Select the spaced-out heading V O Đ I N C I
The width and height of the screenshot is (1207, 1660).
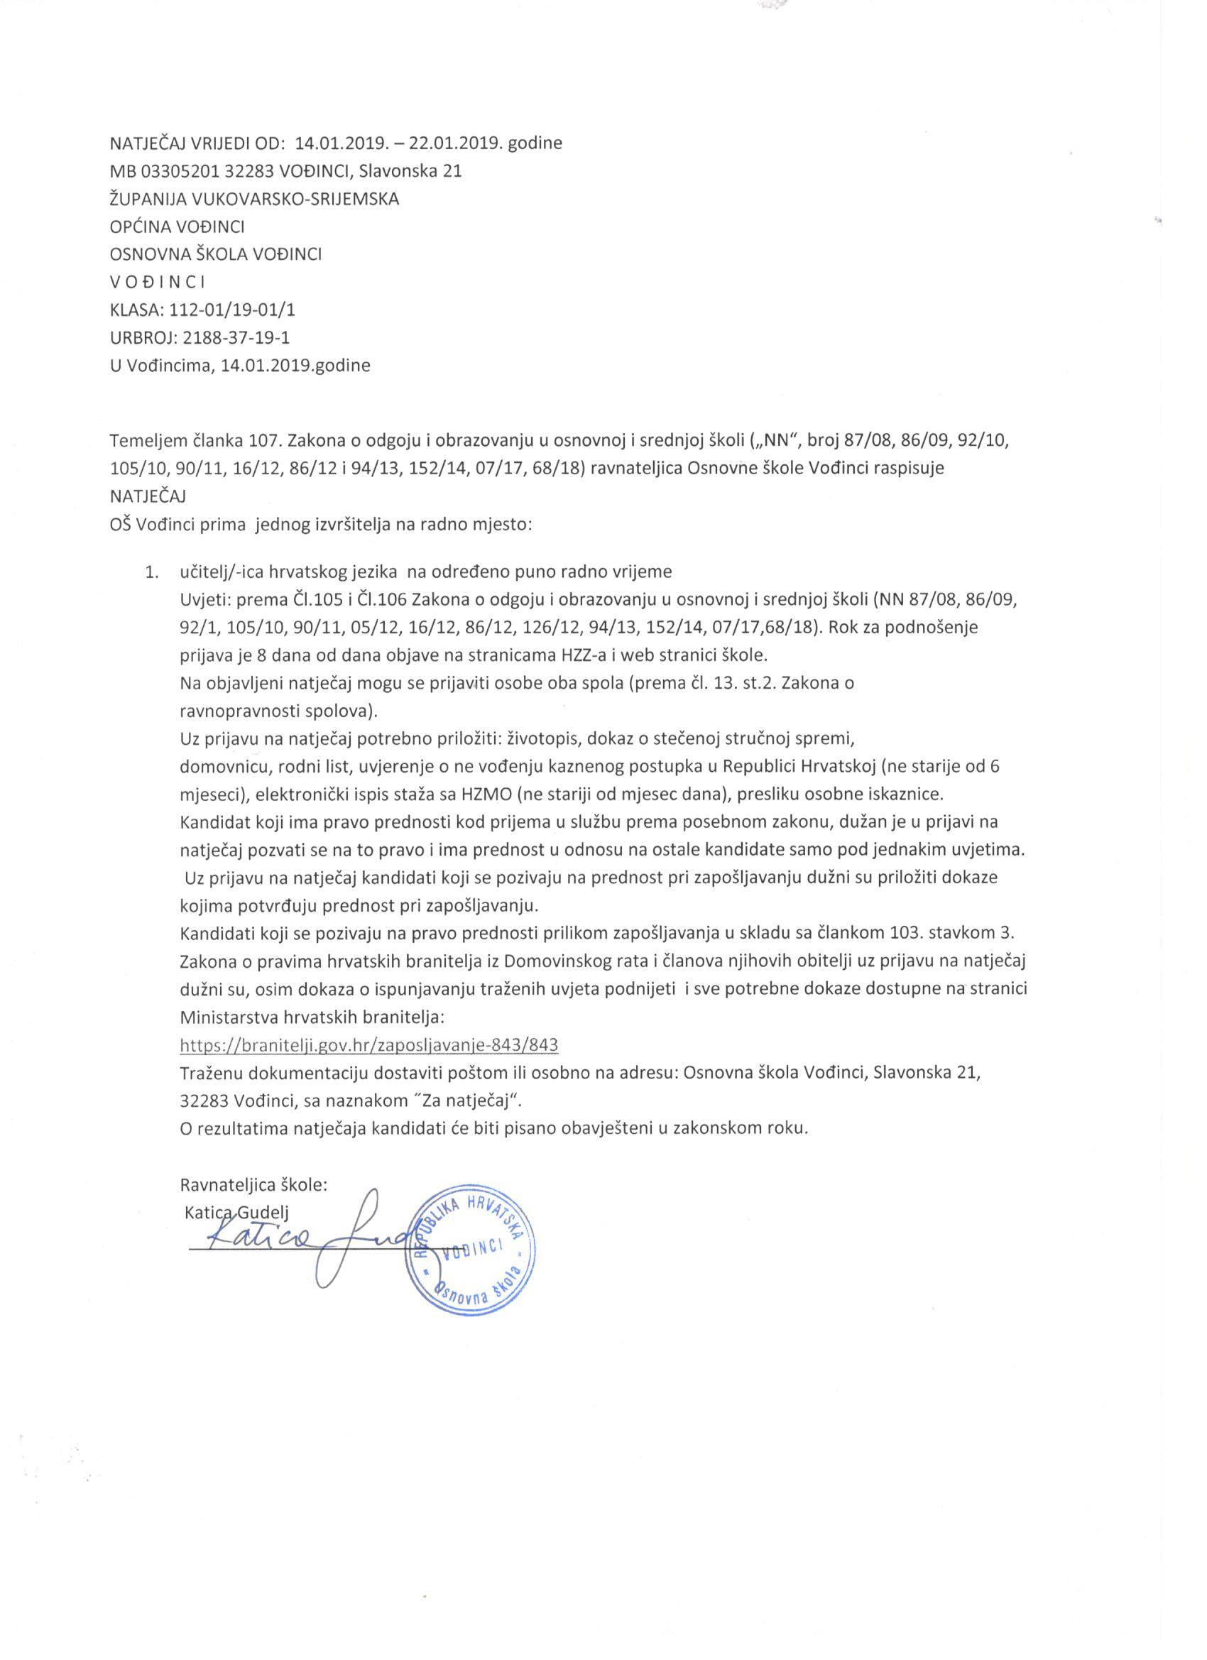click(x=157, y=282)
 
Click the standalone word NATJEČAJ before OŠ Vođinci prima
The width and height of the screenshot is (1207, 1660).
click(x=147, y=496)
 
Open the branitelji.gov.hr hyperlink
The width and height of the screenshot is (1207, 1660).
click(x=369, y=1044)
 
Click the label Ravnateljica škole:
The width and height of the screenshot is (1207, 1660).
click(x=253, y=1185)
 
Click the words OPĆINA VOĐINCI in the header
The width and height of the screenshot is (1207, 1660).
click(x=176, y=226)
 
